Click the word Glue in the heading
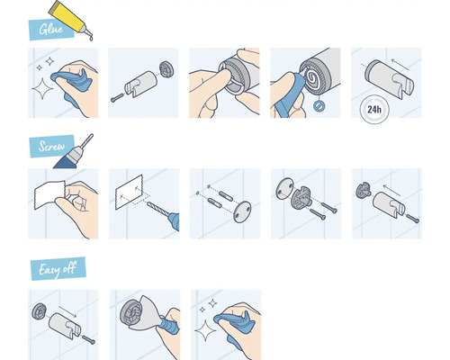pos(51,29)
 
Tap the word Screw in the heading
pos(51,146)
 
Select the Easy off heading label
pos(58,269)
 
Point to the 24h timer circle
pos(374,109)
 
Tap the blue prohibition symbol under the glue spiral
pos(318,105)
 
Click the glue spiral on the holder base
pos(311,78)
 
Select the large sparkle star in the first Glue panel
pos(42,89)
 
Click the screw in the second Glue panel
pos(117,97)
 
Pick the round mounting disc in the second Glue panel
pos(166,68)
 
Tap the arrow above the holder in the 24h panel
pos(400,64)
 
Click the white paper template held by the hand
pos(49,194)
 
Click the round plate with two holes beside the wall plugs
pos(242,211)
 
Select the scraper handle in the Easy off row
pos(169,325)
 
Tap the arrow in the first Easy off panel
pos(67,311)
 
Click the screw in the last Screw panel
pos(412,218)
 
